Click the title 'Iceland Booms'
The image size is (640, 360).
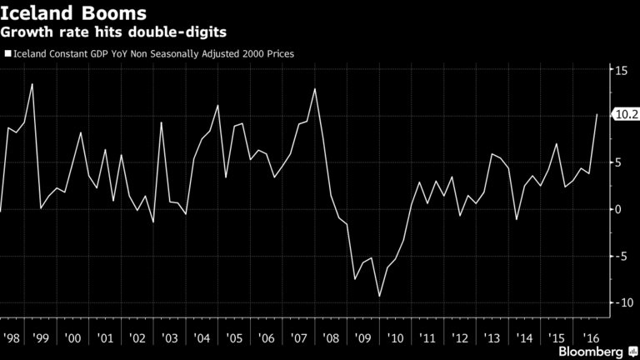75,14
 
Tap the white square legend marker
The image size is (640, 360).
7,54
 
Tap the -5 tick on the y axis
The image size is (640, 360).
621,256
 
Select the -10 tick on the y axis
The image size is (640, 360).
622,302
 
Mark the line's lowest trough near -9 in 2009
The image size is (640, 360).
380,296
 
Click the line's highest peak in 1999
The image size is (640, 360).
32,83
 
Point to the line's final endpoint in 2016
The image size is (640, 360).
597,115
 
